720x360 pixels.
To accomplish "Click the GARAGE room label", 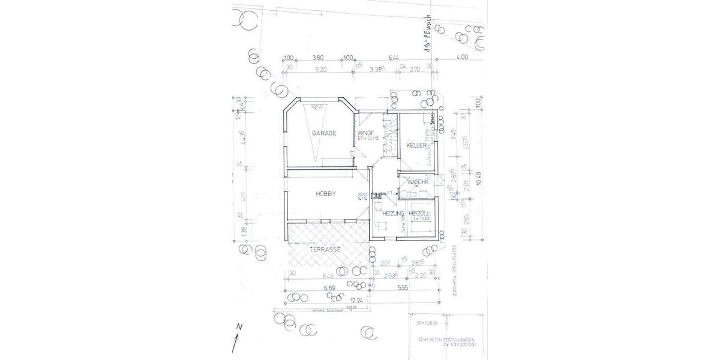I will (323, 133).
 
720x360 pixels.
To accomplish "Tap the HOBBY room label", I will (325, 194).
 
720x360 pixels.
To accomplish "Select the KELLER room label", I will (416, 146).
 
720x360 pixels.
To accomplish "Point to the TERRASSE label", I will (325, 249).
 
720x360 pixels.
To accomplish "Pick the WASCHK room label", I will (417, 182).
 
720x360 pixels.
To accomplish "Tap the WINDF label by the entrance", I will (366, 133).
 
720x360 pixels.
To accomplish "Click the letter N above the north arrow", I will (238, 327).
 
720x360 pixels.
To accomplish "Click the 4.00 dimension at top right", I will (461, 58).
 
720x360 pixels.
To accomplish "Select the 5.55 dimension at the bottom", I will (403, 288).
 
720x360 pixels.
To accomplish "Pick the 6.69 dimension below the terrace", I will (329, 289).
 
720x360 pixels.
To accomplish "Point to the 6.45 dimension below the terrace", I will (328, 276).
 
